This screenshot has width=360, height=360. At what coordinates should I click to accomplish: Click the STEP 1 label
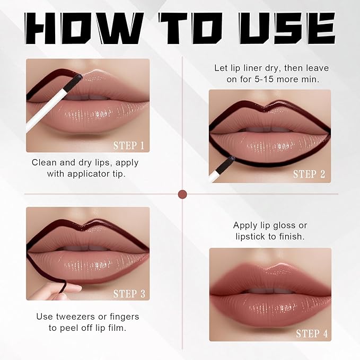[x=128, y=146]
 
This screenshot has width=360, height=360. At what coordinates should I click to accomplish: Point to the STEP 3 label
[x=128, y=293]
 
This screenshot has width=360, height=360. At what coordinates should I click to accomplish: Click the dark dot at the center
[x=183, y=194]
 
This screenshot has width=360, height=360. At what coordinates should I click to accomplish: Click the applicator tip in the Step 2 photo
[x=232, y=160]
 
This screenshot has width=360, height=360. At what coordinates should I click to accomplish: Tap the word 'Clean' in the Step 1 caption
[x=45, y=162]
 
